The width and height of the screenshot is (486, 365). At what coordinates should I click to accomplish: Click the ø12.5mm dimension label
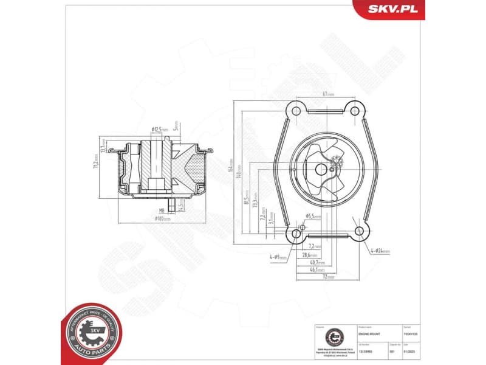(x=160, y=129)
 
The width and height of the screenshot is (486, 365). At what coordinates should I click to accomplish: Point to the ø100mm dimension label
(x=163, y=218)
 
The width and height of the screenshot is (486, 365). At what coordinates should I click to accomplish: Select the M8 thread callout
(x=161, y=210)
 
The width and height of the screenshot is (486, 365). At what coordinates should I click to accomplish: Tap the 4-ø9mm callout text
(x=279, y=259)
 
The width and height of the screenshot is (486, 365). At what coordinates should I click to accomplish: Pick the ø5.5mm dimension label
(x=313, y=216)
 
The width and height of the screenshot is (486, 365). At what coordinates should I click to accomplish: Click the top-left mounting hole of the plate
(x=296, y=110)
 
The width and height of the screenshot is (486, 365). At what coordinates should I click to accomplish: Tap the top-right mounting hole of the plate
(x=354, y=110)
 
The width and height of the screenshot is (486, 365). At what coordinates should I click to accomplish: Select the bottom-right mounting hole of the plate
(x=360, y=231)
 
